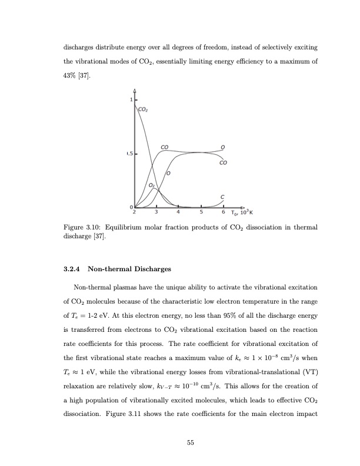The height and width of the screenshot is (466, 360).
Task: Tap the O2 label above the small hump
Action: pos(152,185)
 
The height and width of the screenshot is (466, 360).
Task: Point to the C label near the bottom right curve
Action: pos(222,197)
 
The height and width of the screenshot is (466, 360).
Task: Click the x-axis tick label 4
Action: pos(178,212)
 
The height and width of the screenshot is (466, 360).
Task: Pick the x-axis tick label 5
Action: pos(201,212)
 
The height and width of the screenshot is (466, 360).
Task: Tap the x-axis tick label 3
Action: pos(156,212)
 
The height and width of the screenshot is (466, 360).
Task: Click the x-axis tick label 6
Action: pos(224,212)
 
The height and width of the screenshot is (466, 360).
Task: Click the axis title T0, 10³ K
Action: pos(241,212)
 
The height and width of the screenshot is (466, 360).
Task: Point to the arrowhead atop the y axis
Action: pos(135,91)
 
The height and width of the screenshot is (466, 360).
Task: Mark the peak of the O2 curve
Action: pos(154,188)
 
